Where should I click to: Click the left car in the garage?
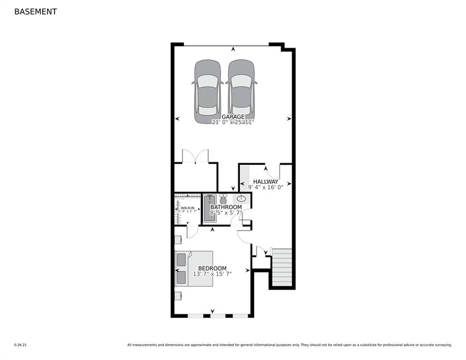(207, 91)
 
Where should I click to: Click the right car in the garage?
(241, 91)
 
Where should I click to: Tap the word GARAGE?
(233, 117)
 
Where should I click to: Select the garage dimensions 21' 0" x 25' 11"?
(233, 123)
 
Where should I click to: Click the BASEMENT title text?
(36, 12)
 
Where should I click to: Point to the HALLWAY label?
(266, 181)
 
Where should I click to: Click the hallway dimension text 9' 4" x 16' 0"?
(266, 187)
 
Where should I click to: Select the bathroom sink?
(242, 198)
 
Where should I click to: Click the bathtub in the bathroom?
(209, 209)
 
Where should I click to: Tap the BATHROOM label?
(226, 207)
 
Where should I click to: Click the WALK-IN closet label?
(187, 208)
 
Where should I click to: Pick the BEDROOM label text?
(212, 268)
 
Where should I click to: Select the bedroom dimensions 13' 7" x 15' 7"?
(212, 274)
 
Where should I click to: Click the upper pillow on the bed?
(181, 260)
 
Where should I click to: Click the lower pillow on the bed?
(181, 277)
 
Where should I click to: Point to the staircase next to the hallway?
(282, 267)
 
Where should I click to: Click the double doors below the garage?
(195, 156)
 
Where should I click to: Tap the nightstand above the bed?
(178, 240)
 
